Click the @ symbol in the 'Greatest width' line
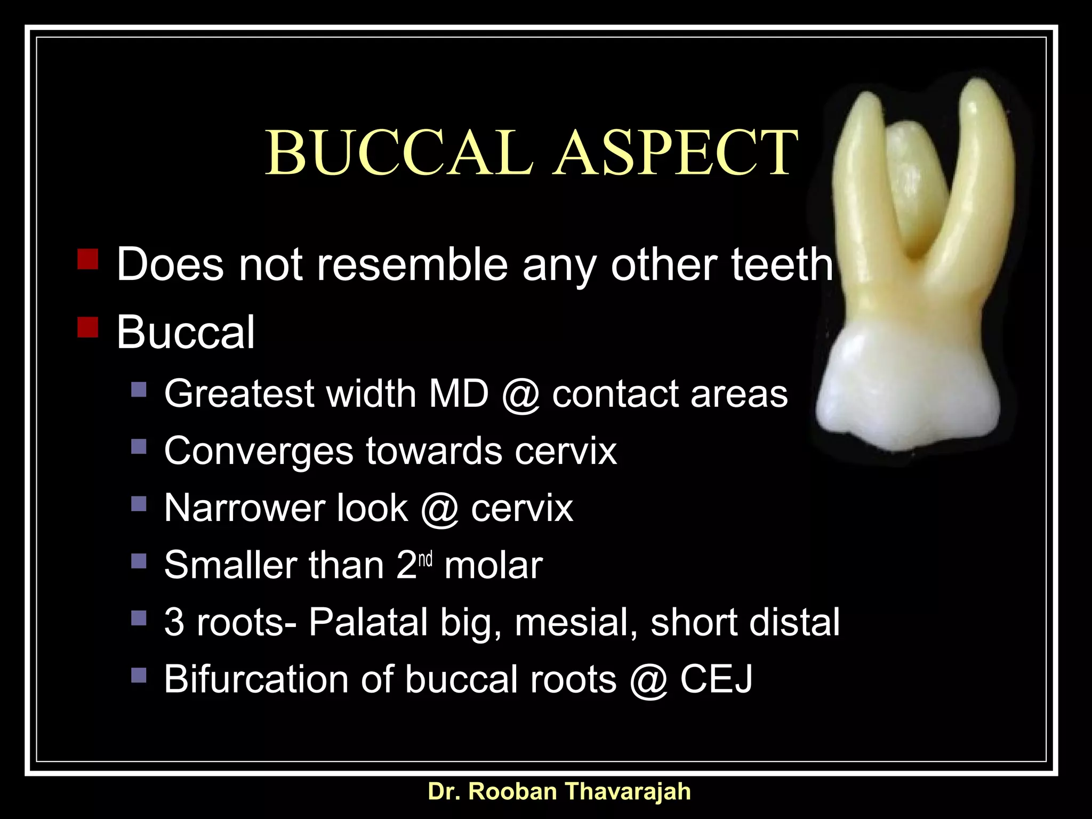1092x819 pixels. [520, 395]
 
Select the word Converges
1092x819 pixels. [258, 452]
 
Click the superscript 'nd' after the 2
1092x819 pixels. [425, 559]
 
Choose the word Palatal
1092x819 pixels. [368, 622]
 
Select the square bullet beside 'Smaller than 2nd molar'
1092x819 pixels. [139, 560]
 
